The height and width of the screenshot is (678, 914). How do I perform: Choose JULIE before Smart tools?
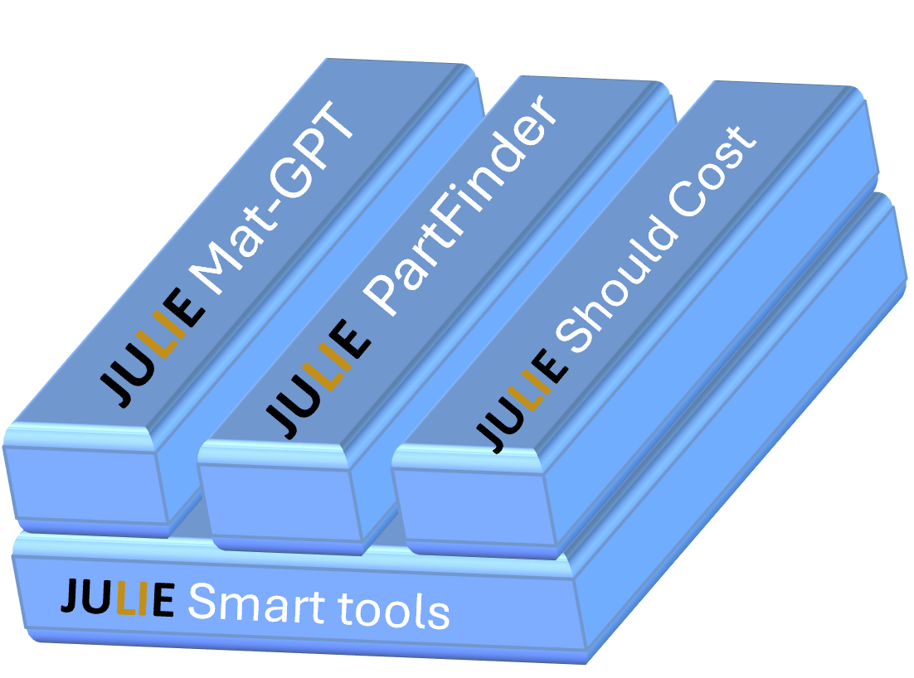117,598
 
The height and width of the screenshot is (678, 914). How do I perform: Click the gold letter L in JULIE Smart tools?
125,598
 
